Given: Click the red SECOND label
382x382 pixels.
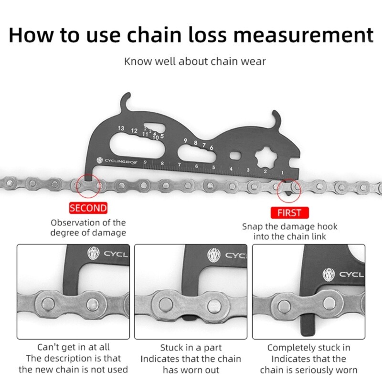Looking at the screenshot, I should point(88,208).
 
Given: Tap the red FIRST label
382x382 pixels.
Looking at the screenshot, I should point(289,212).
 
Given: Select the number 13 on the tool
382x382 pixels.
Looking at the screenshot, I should point(121,128).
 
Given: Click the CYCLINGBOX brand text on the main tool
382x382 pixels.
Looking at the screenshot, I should point(122,161).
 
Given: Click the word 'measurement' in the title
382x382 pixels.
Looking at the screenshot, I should point(298,35).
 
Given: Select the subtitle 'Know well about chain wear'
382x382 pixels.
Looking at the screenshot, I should point(195,61).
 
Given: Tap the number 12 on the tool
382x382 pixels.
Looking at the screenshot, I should point(134,130).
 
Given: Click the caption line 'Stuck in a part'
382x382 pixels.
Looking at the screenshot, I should point(191,348).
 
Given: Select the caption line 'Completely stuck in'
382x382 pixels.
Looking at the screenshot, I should point(308,348).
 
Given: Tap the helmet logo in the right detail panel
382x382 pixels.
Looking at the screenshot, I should point(329,274).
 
